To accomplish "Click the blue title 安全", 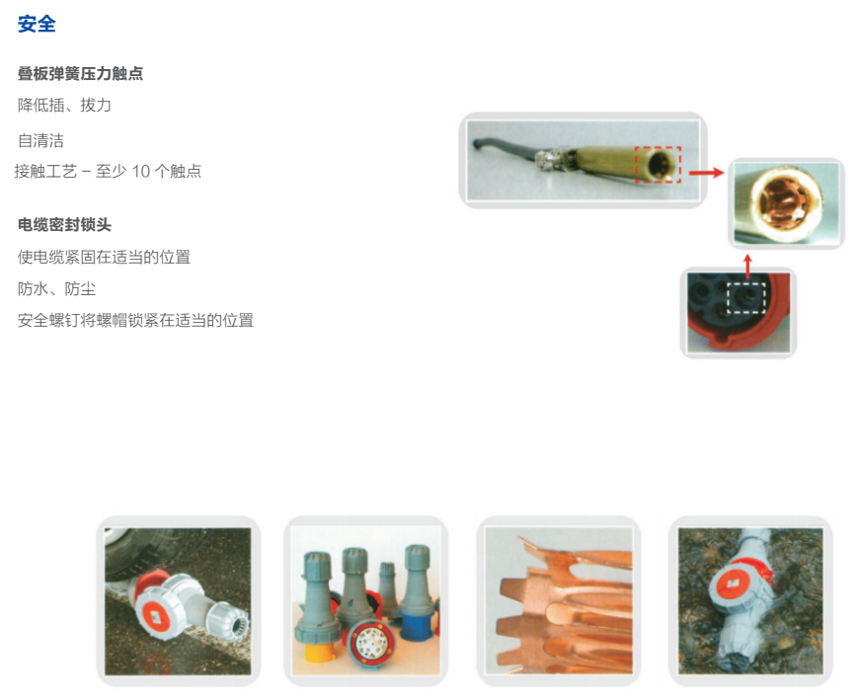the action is click(37, 24).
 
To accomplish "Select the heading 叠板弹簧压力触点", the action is click(81, 73).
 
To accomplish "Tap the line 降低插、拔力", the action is click(64, 105).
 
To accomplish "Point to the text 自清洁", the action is click(40, 140).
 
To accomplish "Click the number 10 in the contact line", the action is click(141, 172).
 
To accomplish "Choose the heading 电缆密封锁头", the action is click(65, 224).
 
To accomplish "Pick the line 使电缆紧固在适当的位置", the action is click(104, 257).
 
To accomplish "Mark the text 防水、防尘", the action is click(56, 288).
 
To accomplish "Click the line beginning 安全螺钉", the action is click(135, 320).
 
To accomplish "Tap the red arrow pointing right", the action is click(707, 173).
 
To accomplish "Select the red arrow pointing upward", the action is click(747, 267).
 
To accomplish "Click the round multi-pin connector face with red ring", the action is click(371, 644).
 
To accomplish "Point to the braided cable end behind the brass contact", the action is click(550, 159).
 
